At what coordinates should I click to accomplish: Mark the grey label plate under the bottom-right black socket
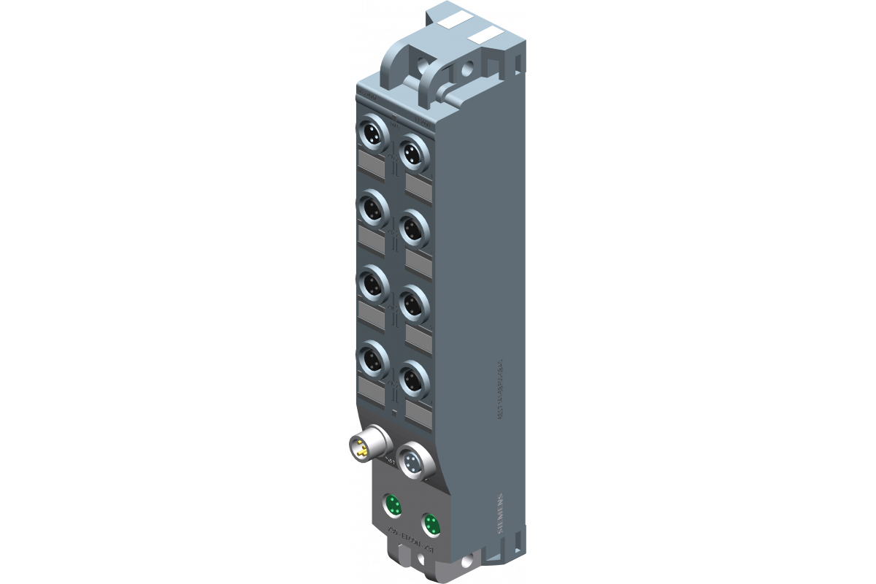[x=418, y=414]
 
